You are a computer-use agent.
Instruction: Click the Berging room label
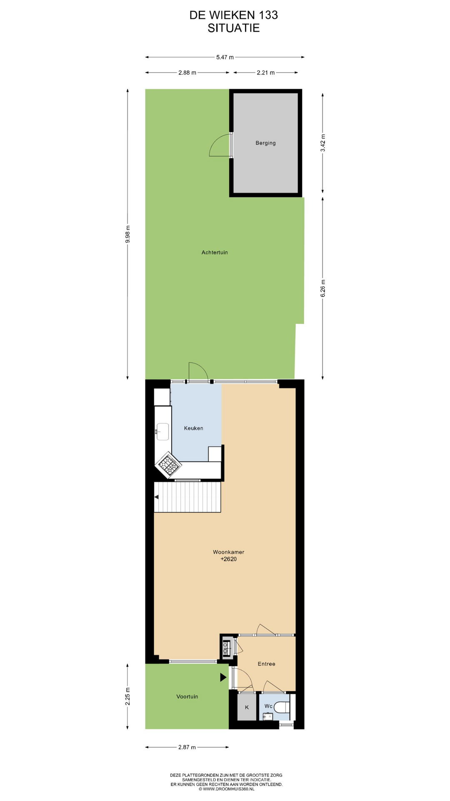(265, 143)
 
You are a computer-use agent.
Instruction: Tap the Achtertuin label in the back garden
(215, 252)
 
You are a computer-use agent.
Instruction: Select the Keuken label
(194, 428)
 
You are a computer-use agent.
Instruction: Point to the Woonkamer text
(228, 552)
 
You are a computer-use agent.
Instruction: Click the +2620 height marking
(228, 559)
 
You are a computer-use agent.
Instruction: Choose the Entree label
(266, 664)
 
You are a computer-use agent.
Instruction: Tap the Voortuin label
(187, 696)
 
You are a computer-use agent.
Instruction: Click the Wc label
(268, 706)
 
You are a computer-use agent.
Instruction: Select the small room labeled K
(247, 707)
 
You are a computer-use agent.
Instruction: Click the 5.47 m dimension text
(225, 57)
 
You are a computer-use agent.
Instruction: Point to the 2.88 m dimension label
(187, 73)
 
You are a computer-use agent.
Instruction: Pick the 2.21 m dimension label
(265, 73)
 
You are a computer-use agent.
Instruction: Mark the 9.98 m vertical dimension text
(128, 234)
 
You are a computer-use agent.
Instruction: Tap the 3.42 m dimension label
(323, 143)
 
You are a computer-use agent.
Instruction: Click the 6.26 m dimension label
(323, 288)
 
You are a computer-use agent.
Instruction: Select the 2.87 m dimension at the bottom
(187, 747)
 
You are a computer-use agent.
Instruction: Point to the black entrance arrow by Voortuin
(223, 677)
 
